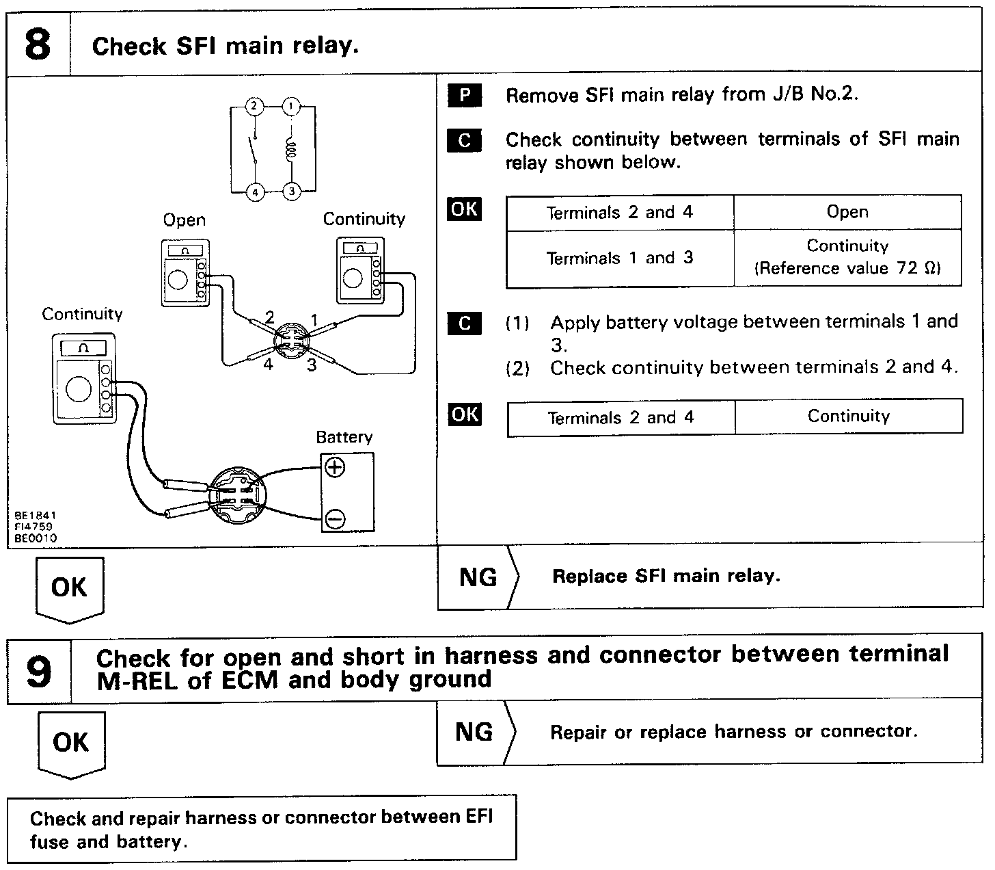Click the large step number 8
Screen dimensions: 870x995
38,44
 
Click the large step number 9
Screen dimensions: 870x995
39,671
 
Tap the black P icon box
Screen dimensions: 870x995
465,95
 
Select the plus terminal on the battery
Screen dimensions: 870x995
335,467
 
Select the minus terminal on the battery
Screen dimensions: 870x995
335,519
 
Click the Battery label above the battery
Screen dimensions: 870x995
344,437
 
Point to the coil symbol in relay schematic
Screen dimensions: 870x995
291,148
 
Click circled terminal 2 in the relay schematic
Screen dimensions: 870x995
254,106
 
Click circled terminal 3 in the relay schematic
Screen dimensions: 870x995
292,191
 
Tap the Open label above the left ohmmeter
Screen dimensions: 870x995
184,220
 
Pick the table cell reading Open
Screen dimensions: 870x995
847,212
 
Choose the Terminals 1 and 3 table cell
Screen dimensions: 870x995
620,258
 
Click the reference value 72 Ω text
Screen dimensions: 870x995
847,268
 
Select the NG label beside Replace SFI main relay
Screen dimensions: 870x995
478,577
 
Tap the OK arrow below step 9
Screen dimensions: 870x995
70,744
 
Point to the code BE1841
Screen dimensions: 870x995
35,515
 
